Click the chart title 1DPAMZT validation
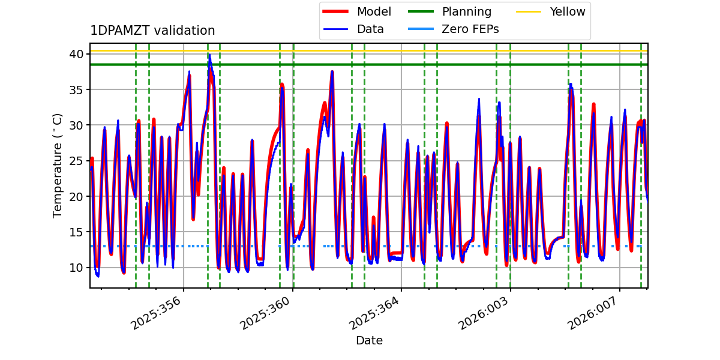tap(152, 31)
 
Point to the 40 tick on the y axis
tap(77, 54)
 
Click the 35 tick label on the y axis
tap(77, 89)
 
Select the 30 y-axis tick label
tap(77, 125)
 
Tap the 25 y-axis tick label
tap(77, 161)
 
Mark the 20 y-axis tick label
tap(77, 196)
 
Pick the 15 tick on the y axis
tap(77, 232)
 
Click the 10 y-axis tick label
tap(77, 267)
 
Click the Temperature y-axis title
tap(58, 165)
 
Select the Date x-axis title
tap(369, 341)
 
